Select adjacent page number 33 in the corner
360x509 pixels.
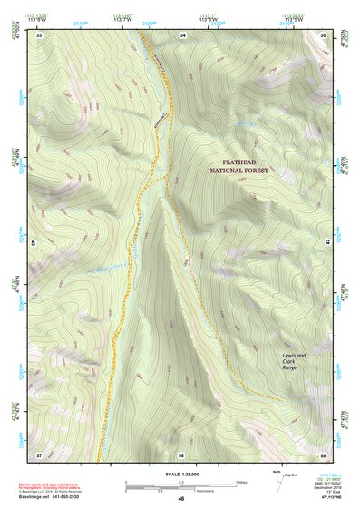pyautogui.click(x=39, y=35)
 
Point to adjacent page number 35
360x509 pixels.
pyautogui.click(x=324, y=35)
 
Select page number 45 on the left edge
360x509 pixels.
pyautogui.click(x=34, y=244)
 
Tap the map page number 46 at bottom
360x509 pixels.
pyautogui.click(x=180, y=499)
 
